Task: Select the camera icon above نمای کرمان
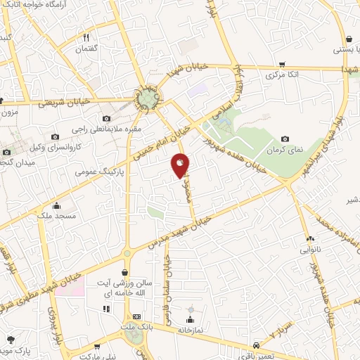285,139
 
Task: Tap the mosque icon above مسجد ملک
57,206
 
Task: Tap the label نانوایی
311,250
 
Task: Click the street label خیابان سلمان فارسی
167,281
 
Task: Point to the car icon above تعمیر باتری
257,345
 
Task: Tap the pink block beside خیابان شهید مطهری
75,287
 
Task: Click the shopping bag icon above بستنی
349,39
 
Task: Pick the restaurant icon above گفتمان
86,37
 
